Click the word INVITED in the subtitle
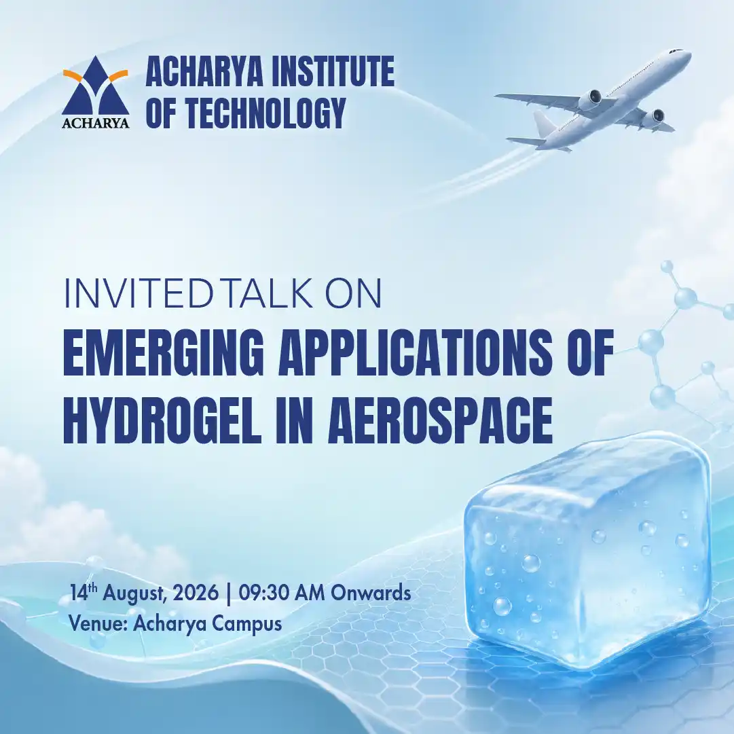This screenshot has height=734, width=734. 138,293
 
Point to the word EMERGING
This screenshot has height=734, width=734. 160,352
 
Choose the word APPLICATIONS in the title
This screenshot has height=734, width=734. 416,352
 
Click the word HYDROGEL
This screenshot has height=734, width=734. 162,419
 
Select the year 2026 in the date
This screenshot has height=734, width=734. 196,593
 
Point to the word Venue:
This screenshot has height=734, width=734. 98,623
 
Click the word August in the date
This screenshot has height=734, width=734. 133,593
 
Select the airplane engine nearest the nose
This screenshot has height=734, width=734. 592,98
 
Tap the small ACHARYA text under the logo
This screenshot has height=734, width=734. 96,123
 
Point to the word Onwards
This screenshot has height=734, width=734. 371,593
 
